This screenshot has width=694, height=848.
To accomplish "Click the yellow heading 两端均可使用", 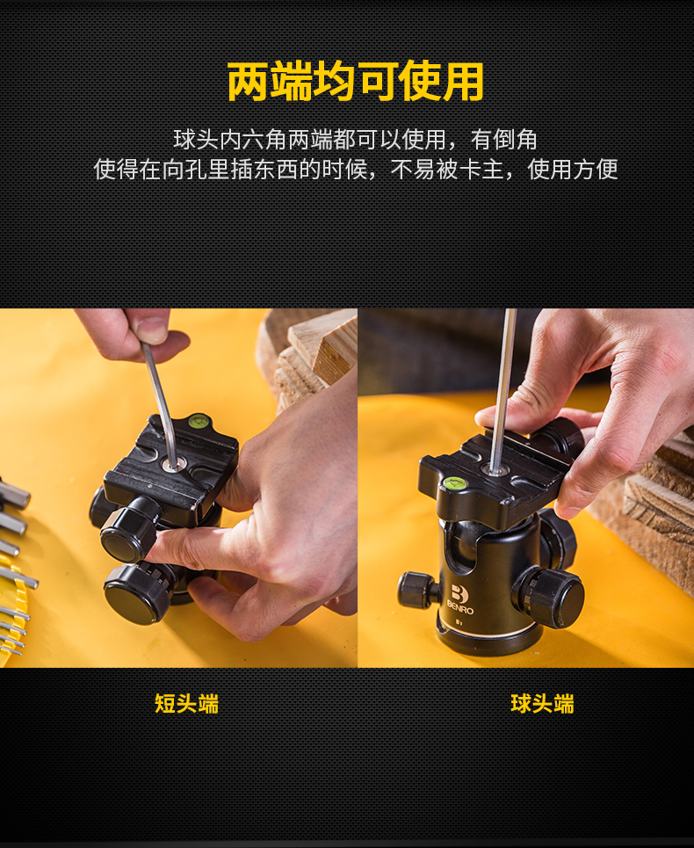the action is pos(355,82).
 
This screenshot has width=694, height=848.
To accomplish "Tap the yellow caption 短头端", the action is pos(186,704).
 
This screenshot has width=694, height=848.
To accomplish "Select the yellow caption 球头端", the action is pos(542,704).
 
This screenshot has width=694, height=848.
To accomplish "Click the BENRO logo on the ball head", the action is pos(460,599).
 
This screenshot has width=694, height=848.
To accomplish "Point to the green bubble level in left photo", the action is pos(199,421).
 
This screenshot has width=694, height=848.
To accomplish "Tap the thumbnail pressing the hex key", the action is pos(151,328).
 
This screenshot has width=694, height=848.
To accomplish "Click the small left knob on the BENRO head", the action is pos(416,590).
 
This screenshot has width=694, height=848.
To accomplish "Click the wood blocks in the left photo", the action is pos(308,357).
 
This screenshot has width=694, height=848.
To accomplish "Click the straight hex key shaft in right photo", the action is pos(503,389).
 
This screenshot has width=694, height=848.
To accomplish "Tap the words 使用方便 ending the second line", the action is pos(573,170).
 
